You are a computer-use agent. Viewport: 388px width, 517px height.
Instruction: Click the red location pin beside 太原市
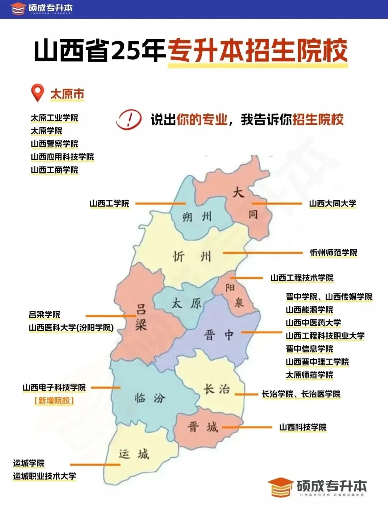point(38,92)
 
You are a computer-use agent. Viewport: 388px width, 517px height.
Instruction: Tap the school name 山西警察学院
point(54,144)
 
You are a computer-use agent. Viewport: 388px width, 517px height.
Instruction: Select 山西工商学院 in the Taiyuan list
point(54,170)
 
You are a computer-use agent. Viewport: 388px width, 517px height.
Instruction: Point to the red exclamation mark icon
point(129,119)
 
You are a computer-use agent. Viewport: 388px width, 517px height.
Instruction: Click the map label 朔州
point(197,217)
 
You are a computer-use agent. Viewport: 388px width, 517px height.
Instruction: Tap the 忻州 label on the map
point(192,257)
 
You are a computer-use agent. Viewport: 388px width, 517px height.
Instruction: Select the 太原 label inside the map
point(186,304)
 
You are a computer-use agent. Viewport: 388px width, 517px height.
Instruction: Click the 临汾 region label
point(149,398)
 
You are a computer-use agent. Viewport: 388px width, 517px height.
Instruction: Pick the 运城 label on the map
point(134,454)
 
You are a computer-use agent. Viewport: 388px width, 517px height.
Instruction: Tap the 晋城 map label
point(203,427)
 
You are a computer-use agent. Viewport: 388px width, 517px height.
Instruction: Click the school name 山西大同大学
point(333,203)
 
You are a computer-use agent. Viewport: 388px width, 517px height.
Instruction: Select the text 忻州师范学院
point(334,253)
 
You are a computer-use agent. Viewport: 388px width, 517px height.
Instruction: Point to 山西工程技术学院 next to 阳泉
point(302,278)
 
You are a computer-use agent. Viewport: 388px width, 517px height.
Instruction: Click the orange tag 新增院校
point(54,401)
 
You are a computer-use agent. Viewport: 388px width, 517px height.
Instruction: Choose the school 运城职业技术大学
point(45,476)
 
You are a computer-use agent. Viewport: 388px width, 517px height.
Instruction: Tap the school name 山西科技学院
point(303,427)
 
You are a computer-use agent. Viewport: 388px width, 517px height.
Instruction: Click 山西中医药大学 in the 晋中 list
point(313,323)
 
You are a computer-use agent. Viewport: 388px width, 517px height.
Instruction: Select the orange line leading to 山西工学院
point(160,204)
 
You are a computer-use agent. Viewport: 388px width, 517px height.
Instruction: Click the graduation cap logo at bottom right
point(280,487)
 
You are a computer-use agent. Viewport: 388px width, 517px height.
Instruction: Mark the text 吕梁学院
point(45,315)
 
